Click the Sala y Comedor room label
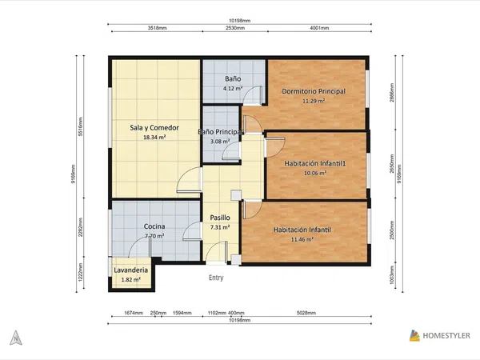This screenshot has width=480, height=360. click(154, 128)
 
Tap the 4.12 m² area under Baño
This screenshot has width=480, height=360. click(233, 89)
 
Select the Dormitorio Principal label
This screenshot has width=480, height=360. click(314, 91)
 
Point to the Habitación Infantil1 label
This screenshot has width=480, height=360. click(315, 163)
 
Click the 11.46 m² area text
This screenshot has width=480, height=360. click(302, 239)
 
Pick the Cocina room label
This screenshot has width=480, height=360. click(154, 226)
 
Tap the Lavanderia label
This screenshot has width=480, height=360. click(130, 270)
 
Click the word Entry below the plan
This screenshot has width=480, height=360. click(216, 278)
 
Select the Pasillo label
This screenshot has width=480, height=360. click(220, 218)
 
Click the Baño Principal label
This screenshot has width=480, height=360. click(221, 132)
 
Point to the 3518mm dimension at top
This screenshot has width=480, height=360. click(158, 28)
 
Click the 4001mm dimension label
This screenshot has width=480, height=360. click(319, 28)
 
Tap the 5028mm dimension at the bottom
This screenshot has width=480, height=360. click(306, 313)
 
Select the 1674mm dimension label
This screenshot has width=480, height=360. click(134, 313)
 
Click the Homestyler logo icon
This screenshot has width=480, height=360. click(414, 335)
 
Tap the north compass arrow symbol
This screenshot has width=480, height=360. click(16, 338)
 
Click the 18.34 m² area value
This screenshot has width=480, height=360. click(154, 138)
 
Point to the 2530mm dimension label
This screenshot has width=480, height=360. click(235, 28)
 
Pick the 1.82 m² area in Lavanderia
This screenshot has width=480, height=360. click(130, 279)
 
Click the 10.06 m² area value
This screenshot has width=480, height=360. click(315, 173)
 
